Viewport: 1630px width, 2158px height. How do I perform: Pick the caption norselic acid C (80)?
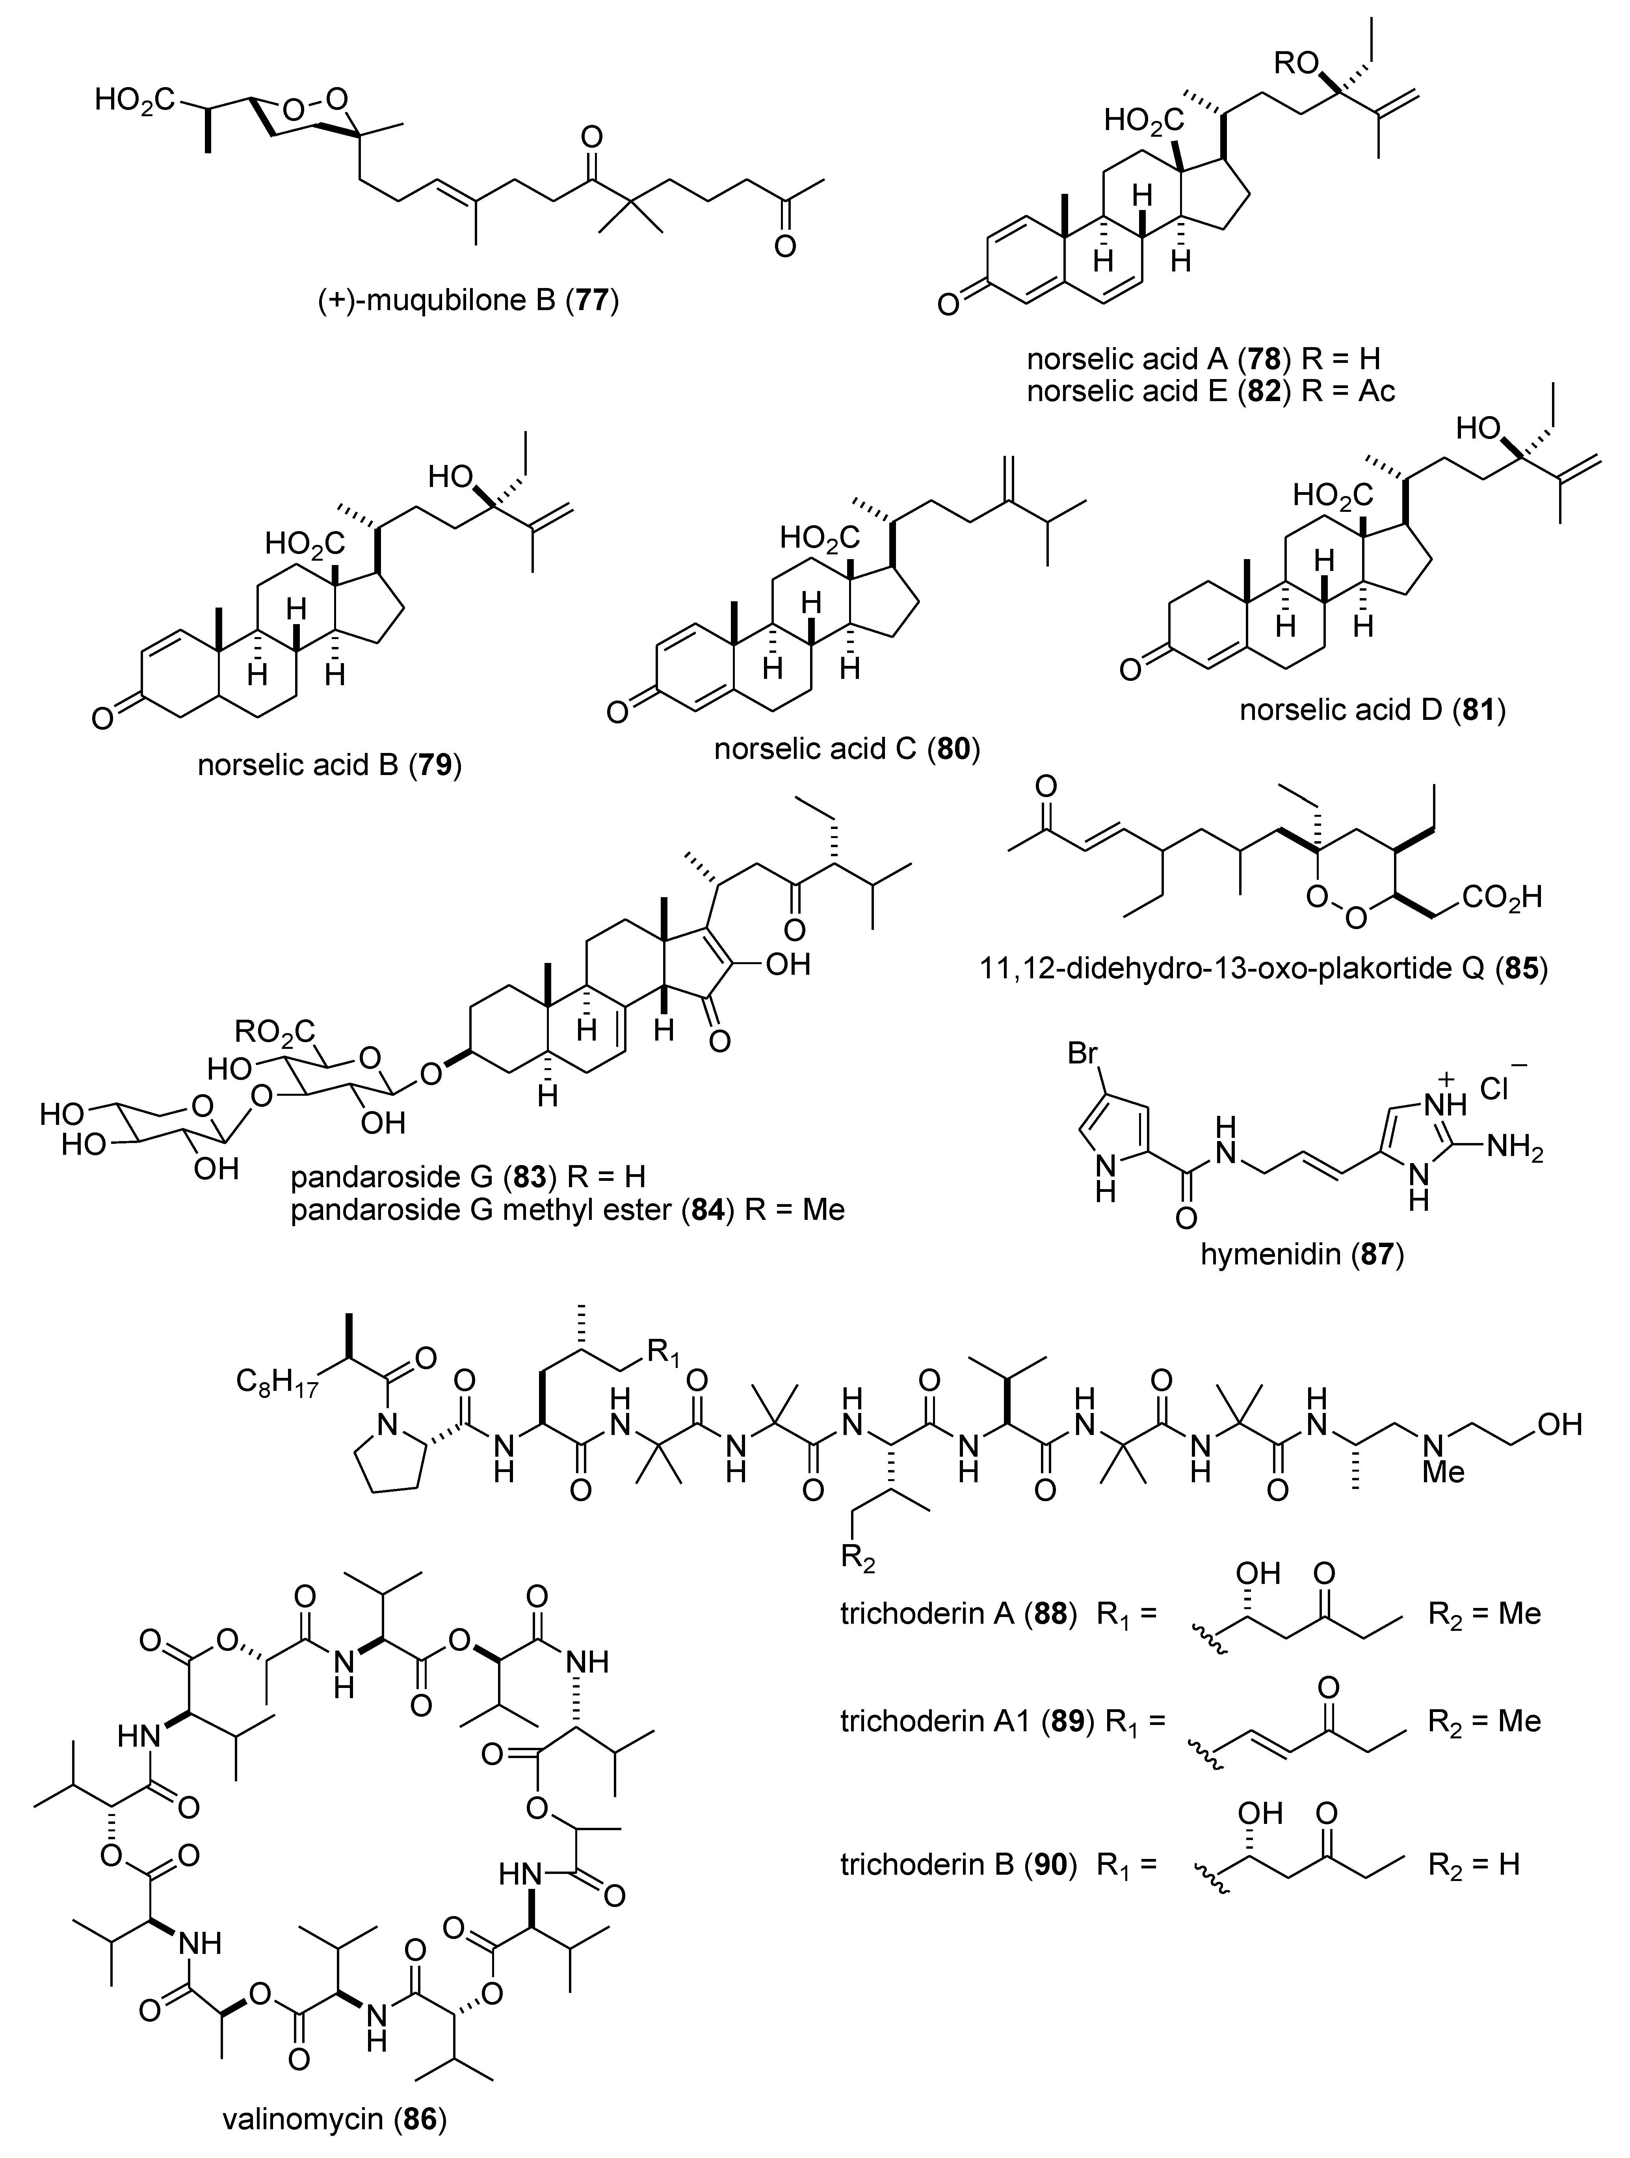(x=847, y=748)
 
